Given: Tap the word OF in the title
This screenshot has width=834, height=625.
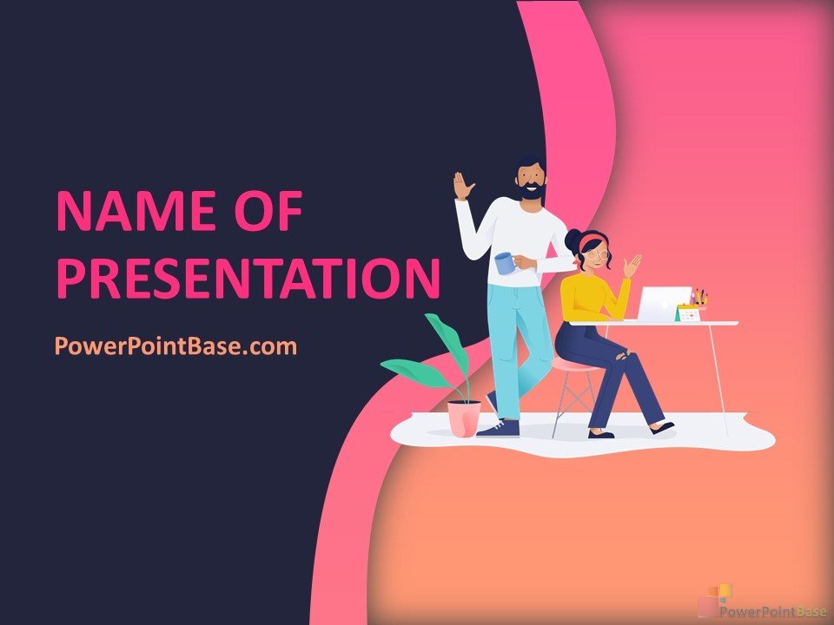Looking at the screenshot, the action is pyautogui.click(x=269, y=211).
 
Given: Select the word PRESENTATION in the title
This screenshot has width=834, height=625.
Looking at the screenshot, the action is pyautogui.click(x=248, y=278).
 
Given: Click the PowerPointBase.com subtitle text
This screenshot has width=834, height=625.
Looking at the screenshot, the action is pyautogui.click(x=176, y=346).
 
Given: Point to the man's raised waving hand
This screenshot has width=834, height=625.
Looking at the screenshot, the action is pyautogui.click(x=463, y=186).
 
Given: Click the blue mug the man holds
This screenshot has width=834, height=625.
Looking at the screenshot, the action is pyautogui.click(x=505, y=263).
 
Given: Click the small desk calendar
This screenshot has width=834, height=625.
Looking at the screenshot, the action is pyautogui.click(x=688, y=312).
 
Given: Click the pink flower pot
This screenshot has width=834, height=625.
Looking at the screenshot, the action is pyautogui.click(x=464, y=418).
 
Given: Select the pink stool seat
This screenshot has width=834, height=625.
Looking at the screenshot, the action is pyautogui.click(x=574, y=365).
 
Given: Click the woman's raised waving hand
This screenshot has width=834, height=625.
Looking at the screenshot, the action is pyautogui.click(x=632, y=266).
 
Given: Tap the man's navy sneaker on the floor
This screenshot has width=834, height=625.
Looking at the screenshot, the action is pyautogui.click(x=499, y=428).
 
